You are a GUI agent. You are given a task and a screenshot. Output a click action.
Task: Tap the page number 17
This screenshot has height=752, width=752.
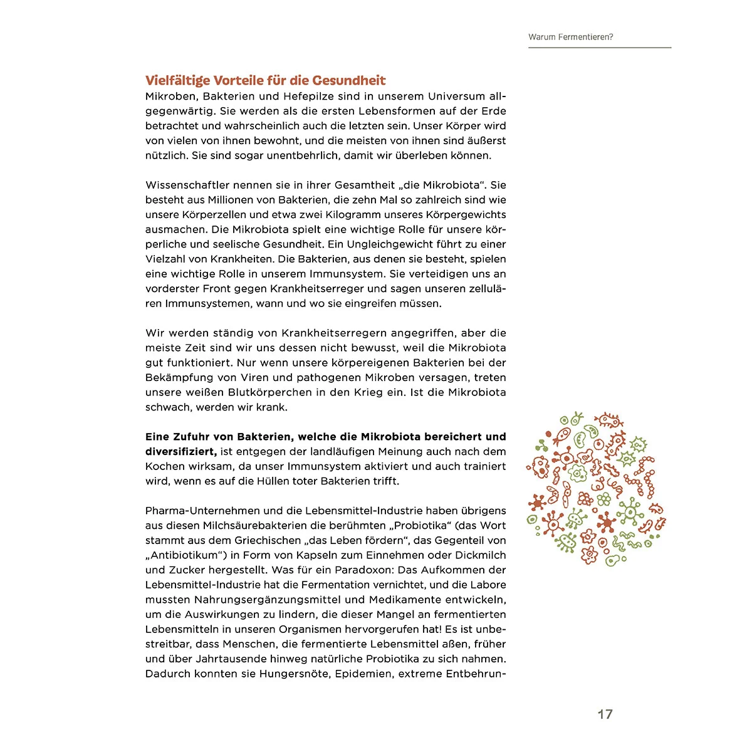coord(605,714)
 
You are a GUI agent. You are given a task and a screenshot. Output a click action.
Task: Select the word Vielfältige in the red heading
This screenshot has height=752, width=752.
coord(177,80)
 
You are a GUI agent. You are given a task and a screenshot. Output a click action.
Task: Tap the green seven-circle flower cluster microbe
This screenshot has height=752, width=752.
coord(604,499)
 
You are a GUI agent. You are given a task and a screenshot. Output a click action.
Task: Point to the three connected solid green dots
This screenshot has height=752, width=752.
coord(541,446)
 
